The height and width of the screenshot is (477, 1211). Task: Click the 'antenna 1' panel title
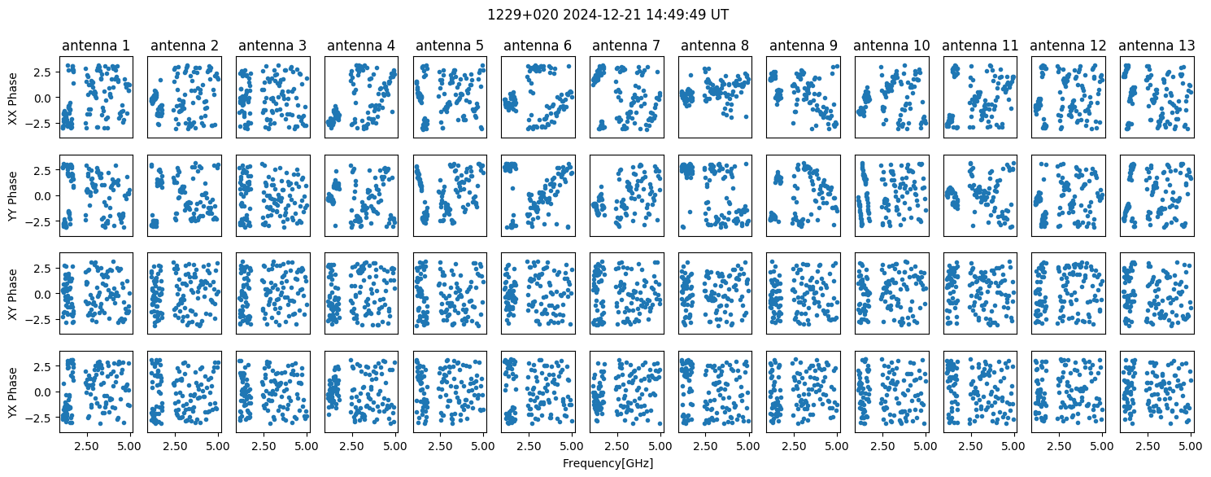95,46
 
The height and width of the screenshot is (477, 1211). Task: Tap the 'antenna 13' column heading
1157,46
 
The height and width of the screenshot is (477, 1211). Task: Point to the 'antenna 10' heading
891,46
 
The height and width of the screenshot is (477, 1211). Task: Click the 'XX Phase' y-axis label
13,98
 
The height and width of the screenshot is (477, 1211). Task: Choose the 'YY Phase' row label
13,195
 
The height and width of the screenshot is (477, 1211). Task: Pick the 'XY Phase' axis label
13,293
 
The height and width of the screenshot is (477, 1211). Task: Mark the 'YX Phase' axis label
13,392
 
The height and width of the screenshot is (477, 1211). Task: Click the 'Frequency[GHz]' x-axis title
608,463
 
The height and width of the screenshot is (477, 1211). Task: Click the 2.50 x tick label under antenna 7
617,445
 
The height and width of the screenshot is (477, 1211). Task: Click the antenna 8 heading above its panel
714,46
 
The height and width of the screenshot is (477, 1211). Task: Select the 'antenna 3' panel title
272,46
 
